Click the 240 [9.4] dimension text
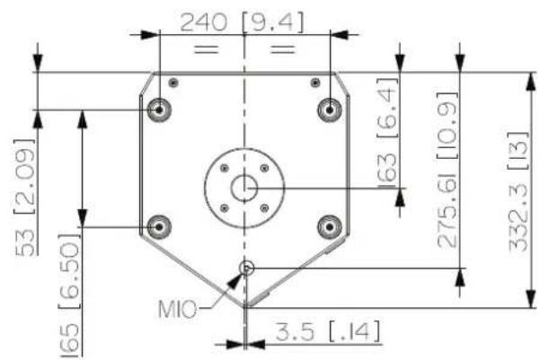242,22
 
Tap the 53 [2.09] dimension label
25,198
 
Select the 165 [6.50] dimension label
69,295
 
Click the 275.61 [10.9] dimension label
447,170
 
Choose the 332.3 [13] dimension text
518,192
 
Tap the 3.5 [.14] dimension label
328,331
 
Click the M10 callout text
177,309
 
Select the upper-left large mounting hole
159,110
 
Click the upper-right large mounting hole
330,110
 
